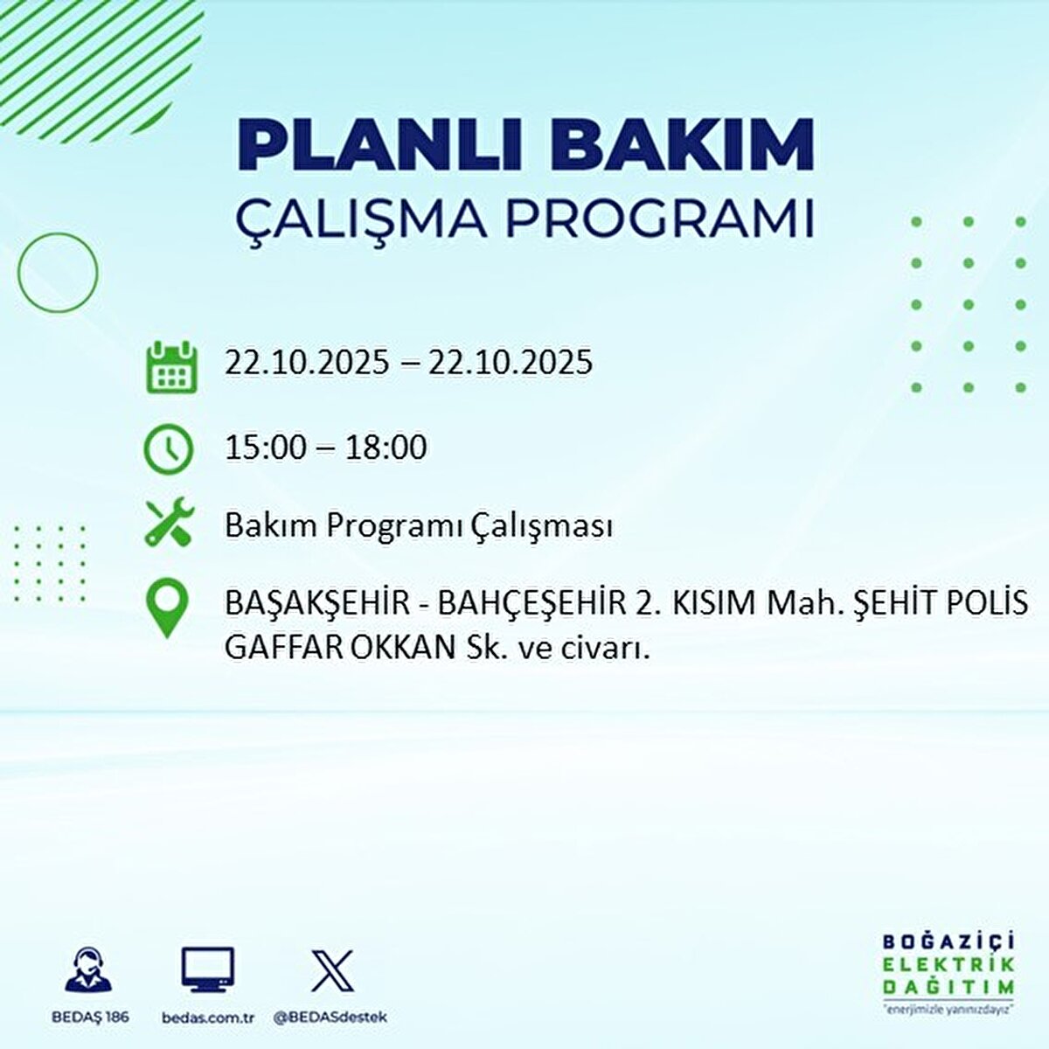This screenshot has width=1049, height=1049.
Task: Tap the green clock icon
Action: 168,449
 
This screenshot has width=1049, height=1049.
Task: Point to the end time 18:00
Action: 386,448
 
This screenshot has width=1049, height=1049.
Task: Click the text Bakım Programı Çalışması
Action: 419,526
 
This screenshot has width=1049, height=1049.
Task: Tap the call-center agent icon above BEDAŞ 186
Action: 88,970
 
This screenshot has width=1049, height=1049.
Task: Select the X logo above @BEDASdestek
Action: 332,970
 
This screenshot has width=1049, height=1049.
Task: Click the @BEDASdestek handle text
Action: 330,1018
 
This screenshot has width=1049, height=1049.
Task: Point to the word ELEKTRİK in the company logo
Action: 949,964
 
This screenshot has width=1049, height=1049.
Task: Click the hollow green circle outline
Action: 58,273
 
